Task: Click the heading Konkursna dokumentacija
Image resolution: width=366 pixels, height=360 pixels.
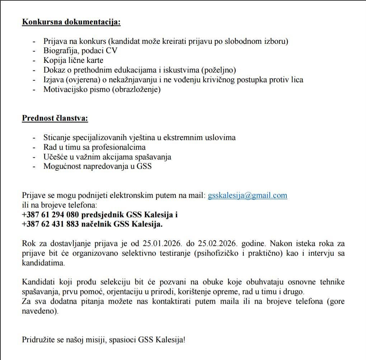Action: click(x=71, y=22)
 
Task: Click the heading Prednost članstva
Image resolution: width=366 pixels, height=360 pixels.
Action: click(x=55, y=118)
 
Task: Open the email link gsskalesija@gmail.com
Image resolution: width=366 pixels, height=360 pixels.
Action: click(x=248, y=195)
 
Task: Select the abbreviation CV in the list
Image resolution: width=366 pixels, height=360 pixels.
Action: click(x=112, y=51)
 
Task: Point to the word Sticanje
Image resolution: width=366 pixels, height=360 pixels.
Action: click(x=57, y=138)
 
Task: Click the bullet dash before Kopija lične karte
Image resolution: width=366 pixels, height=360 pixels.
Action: click(x=34, y=61)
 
